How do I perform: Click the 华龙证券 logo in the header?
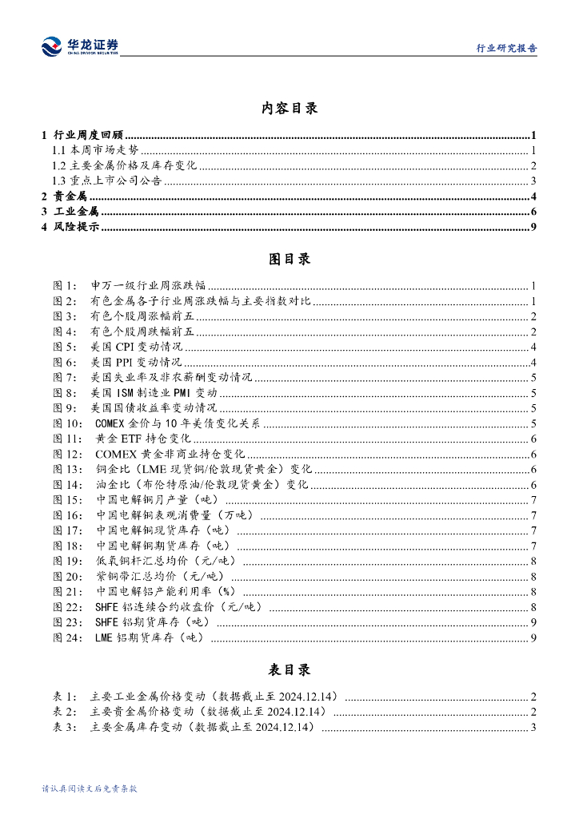tap(80, 46)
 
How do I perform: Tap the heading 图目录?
tap(289, 259)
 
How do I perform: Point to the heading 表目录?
tap(289, 669)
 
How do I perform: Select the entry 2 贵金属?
tap(65, 197)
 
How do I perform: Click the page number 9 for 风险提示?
tap(533, 228)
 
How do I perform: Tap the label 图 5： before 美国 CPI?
tap(65, 347)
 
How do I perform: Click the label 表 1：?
tap(65, 697)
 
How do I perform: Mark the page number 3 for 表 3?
tap(533, 727)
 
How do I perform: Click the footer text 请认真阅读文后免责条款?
tap(90, 788)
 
